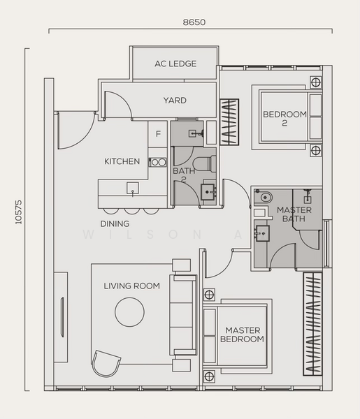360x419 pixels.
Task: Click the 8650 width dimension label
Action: coord(194,22)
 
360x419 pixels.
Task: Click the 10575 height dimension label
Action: coord(18,212)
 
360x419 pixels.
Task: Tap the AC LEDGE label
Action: coord(175,64)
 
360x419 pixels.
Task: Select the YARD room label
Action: coord(175,100)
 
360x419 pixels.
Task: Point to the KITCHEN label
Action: coord(122,161)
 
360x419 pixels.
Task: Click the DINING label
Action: coord(115,223)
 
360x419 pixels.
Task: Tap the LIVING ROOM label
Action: coord(132,286)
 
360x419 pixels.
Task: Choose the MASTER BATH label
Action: coord(294,214)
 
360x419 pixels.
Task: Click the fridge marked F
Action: coord(158,133)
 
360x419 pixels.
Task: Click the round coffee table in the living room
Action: coord(130,312)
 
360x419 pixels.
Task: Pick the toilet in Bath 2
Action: coord(205,163)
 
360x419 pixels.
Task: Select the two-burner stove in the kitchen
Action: coord(158,162)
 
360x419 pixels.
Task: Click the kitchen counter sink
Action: coord(132,189)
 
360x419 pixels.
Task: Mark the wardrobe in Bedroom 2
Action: coord(229,122)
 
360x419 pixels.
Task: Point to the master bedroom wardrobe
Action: coord(312,324)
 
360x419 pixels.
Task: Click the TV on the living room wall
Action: coord(62,317)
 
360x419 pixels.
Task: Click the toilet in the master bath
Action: coord(263,197)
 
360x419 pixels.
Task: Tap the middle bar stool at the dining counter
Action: coord(131,211)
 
